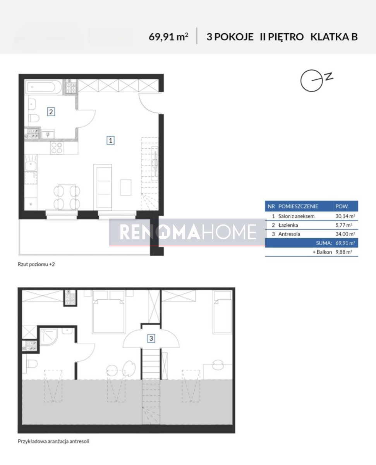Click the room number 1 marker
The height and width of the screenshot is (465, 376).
click(x=111, y=140)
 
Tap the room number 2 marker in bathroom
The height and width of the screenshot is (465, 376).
click(x=51, y=112)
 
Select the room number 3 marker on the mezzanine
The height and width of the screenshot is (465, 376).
click(x=151, y=338)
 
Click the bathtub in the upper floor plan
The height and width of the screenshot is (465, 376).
click(x=44, y=87)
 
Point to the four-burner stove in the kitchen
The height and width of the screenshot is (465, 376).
click(x=57, y=148)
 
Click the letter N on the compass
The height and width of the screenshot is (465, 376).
click(x=330, y=76)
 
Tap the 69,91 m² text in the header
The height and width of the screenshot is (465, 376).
click(x=168, y=37)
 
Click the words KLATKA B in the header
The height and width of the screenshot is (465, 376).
click(x=334, y=37)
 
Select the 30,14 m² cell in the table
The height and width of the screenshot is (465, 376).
click(x=345, y=216)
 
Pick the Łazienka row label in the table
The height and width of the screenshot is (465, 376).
click(x=288, y=225)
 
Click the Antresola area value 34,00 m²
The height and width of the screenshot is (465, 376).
click(x=345, y=234)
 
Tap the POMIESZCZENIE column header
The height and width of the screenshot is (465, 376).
click(x=298, y=206)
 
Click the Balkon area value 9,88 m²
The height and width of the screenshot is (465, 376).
click(x=344, y=252)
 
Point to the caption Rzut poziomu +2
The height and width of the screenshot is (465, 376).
click(x=36, y=264)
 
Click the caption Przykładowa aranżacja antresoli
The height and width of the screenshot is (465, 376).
click(x=53, y=441)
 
